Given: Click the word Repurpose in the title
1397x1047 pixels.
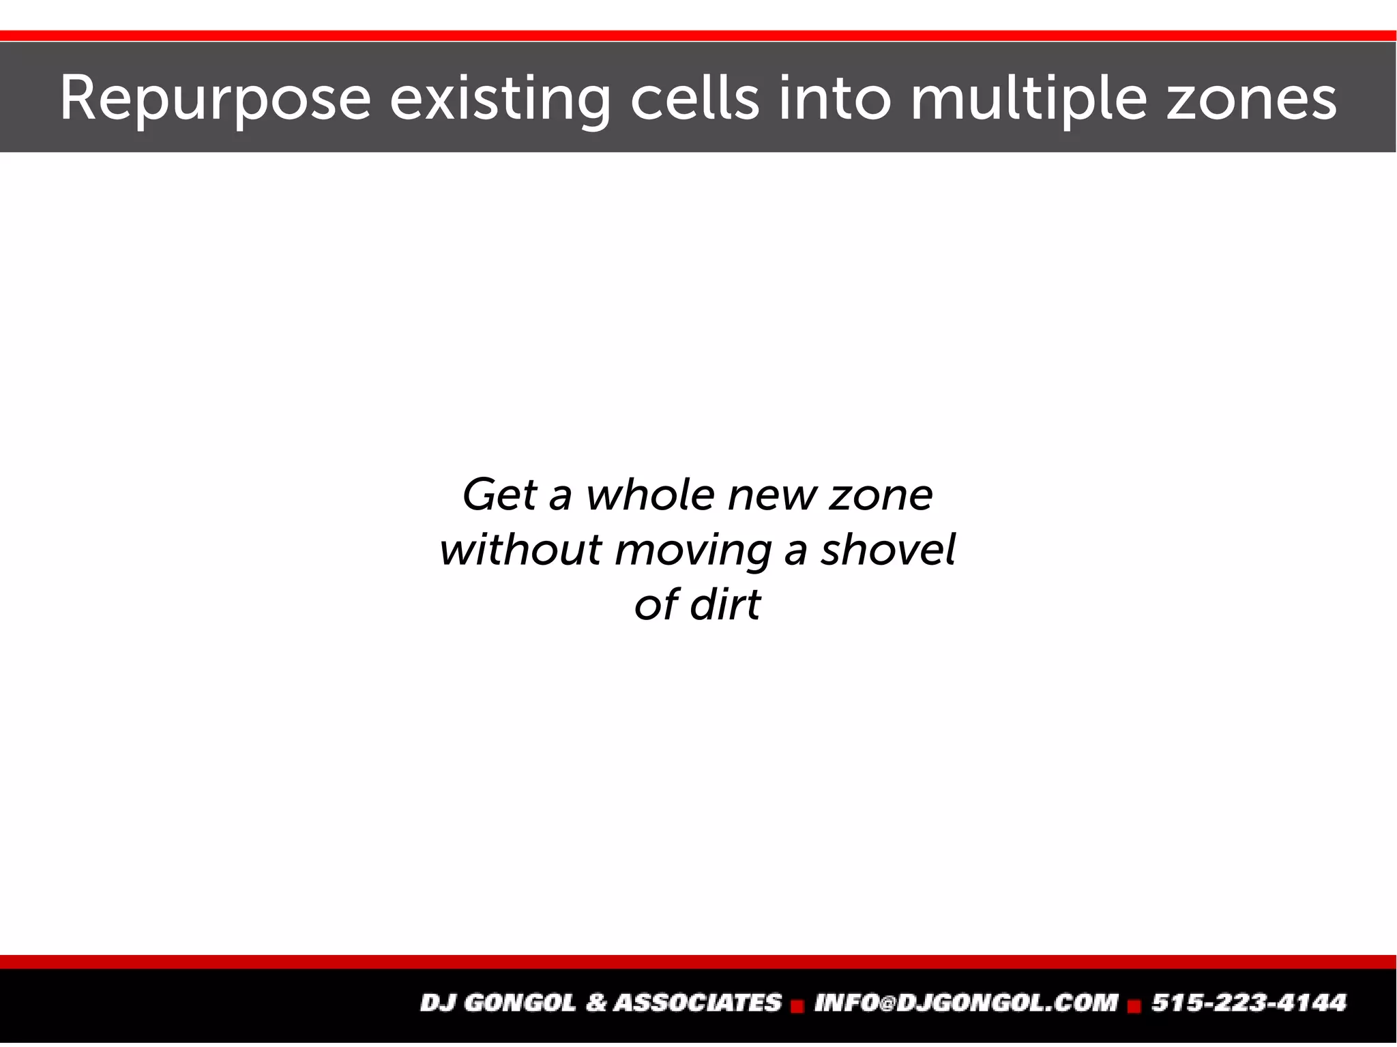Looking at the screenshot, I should (216, 100).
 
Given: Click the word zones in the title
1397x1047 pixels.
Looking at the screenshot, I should (1251, 100).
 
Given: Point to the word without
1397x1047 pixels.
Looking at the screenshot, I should (520, 550).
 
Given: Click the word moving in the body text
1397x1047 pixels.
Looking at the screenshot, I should (693, 550).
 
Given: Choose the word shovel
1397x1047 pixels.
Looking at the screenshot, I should (887, 550).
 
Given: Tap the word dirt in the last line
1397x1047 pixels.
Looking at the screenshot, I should (724, 604).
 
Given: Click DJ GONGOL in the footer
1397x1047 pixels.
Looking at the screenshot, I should (497, 1003).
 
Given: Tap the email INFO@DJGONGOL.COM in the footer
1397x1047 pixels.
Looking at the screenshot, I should (966, 1003).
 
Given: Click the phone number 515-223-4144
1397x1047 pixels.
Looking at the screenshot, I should (1248, 1003).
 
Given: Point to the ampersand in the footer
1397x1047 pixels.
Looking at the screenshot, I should (595, 1003).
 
